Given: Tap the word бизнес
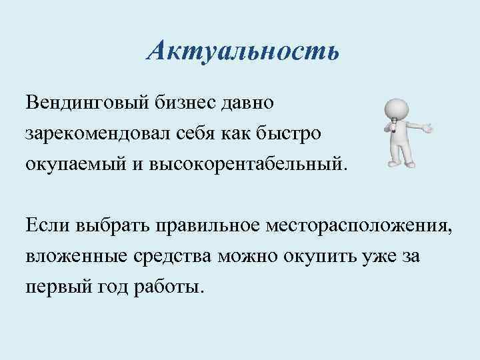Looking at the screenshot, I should (186, 103).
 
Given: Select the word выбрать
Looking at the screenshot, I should (109, 225).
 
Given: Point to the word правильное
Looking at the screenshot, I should (209, 225).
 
